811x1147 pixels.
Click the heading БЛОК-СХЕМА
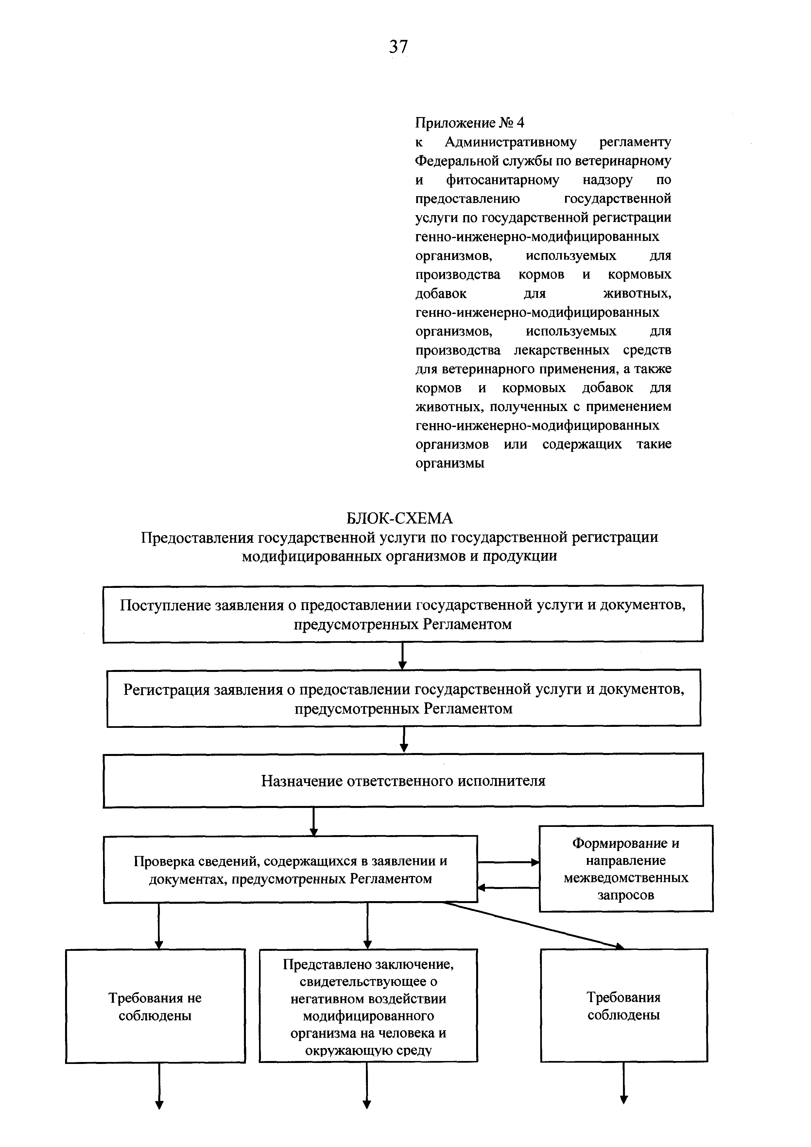pos(399,518)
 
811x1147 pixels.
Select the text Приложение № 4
pos(470,122)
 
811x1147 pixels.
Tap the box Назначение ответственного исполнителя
pos(403,780)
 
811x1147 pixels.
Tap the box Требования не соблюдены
pos(155,1006)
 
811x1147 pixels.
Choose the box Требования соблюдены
pos(624,1006)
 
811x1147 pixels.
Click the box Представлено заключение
pos(368,1006)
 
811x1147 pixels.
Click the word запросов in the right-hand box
pos(626,895)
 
